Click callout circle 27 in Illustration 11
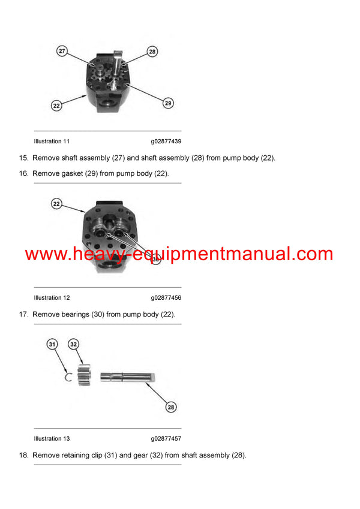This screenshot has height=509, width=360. [62, 51]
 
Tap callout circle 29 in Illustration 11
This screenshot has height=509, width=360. [168, 103]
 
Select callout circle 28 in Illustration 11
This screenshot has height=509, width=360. [152, 52]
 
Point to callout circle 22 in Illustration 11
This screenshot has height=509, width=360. [56, 106]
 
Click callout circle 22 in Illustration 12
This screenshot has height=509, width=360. [57, 204]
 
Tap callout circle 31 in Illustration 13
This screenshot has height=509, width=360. [53, 344]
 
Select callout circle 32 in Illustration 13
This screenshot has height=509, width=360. [74, 344]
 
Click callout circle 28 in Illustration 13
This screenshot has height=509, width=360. [171, 408]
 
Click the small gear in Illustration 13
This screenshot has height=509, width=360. [83, 375]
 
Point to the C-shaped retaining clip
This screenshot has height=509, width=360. [69, 377]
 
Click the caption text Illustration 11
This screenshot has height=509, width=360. [52, 141]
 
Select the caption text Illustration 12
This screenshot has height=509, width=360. [52, 298]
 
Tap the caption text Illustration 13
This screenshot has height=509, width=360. [52, 439]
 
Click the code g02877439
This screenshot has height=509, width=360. [166, 141]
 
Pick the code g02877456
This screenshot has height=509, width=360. [166, 298]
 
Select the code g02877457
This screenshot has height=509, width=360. [166, 439]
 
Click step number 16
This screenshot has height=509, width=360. [23, 173]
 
